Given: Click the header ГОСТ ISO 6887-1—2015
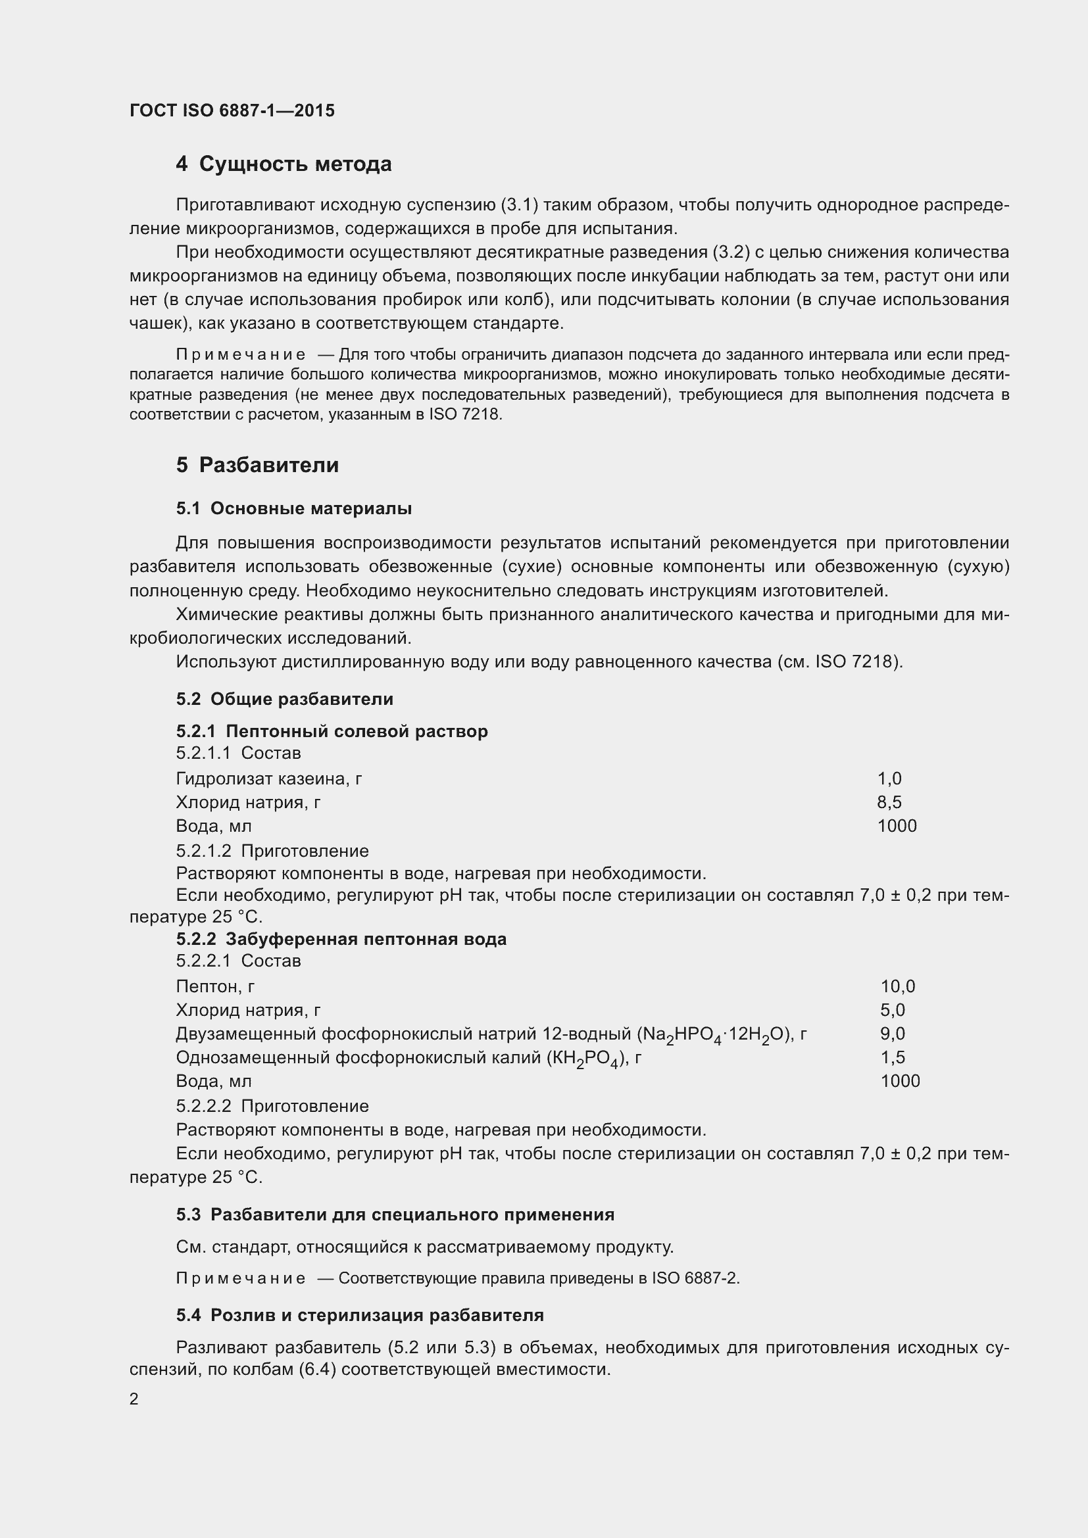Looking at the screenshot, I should [x=232, y=110].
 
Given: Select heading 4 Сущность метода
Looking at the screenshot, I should [x=284, y=164].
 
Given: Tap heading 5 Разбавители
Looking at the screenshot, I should [x=257, y=465].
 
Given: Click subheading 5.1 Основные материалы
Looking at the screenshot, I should [x=293, y=508].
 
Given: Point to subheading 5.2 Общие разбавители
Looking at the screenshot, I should [x=284, y=699].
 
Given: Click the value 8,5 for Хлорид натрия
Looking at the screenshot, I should [x=889, y=802].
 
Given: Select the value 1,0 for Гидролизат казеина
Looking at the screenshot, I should [x=889, y=779].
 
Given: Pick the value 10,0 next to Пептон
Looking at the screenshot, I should [x=897, y=986].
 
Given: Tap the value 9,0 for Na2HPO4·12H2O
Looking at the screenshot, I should [x=893, y=1033].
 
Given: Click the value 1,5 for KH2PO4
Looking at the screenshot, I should [x=893, y=1057].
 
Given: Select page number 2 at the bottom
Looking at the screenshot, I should [x=134, y=1399].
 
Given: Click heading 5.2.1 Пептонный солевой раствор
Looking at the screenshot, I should [x=332, y=731].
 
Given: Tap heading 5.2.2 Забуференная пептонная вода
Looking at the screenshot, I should [x=341, y=939].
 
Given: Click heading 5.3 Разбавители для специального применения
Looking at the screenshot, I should [x=395, y=1214].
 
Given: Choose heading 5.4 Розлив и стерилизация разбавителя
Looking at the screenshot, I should [x=360, y=1315].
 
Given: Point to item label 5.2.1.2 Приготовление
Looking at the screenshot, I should [x=272, y=851].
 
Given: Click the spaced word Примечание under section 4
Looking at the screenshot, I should [x=241, y=354].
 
